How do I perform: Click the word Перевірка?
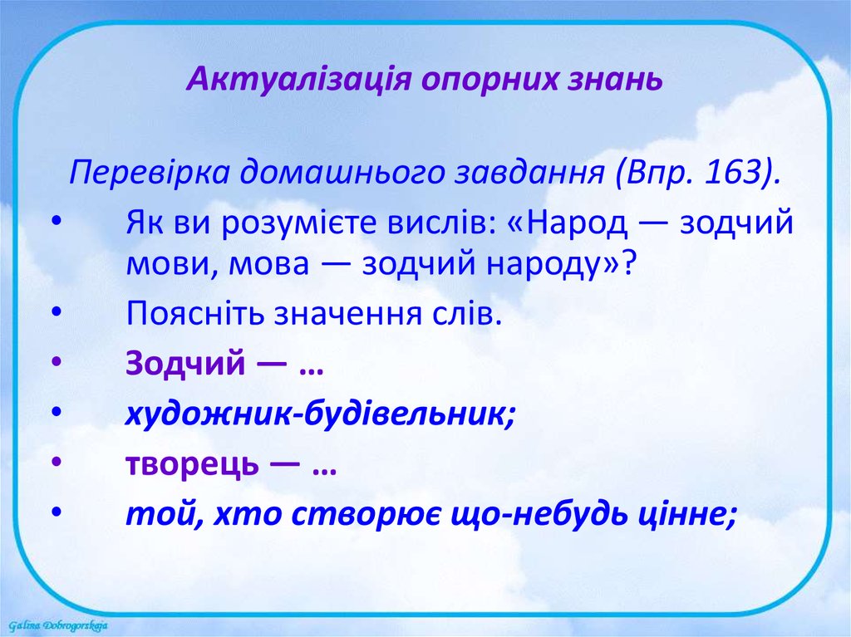pyautogui.click(x=150, y=173)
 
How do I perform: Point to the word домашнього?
pyautogui.click(x=341, y=173)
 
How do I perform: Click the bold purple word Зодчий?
pyautogui.click(x=185, y=363)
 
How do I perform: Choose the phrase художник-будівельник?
pyautogui.click(x=320, y=414)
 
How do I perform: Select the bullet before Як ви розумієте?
pyautogui.click(x=57, y=222)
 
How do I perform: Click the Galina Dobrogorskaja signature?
pyautogui.click(x=58, y=625)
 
